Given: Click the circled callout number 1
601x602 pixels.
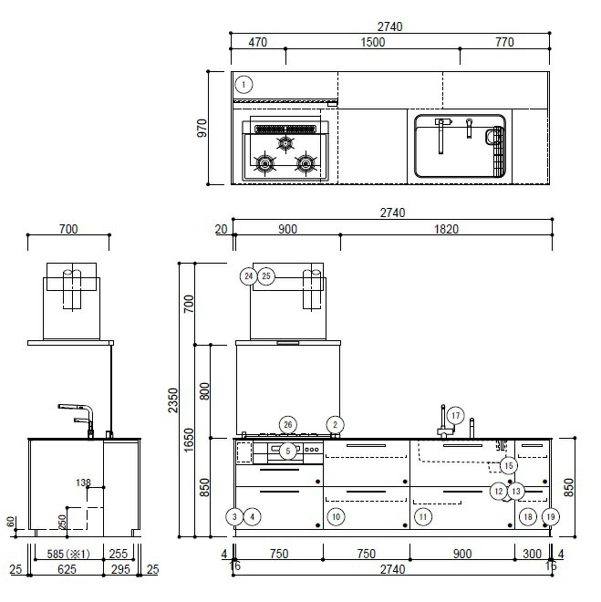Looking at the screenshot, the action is click(x=244, y=85).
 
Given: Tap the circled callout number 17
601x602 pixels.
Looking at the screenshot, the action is click(x=455, y=415).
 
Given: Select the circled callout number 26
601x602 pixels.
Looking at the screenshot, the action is click(x=288, y=425).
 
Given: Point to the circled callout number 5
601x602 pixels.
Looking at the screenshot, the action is click(x=288, y=451).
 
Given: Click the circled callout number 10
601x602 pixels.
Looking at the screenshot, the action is click(x=336, y=517).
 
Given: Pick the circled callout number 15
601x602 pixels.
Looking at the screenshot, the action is click(x=509, y=466).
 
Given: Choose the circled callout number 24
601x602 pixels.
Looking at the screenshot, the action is click(x=249, y=276).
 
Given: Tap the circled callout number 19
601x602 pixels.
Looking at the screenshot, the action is click(x=550, y=517).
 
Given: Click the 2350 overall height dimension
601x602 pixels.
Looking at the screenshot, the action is click(x=173, y=400).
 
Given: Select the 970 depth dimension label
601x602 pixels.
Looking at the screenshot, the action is click(x=202, y=128).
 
